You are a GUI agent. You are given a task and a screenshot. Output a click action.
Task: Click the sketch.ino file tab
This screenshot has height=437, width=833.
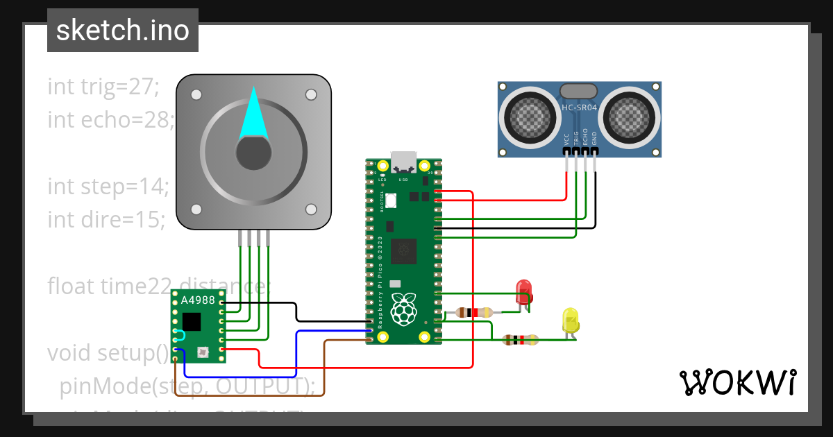coord(123,31)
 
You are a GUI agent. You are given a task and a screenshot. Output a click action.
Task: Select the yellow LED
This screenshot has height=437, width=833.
coord(571,320)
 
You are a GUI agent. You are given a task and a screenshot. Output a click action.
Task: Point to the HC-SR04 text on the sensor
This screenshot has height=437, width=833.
coord(579,108)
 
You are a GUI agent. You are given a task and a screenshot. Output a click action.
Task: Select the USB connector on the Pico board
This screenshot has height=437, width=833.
coord(403,162)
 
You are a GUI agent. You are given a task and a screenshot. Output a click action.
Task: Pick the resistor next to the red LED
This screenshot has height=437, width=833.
coord(473,312)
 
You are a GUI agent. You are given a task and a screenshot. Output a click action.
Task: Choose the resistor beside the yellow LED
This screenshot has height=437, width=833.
coord(520,340)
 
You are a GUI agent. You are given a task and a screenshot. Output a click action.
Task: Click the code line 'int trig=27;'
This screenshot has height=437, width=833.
coord(104,87)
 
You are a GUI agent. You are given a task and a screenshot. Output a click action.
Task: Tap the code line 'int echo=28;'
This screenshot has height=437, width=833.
coord(110,119)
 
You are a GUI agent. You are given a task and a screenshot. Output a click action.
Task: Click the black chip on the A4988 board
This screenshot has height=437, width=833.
coord(191,321)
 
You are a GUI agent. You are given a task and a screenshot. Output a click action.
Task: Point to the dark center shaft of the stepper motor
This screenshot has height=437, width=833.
coord(253,153)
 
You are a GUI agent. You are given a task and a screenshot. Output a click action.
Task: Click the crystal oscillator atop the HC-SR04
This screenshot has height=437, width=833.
coord(578,90)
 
